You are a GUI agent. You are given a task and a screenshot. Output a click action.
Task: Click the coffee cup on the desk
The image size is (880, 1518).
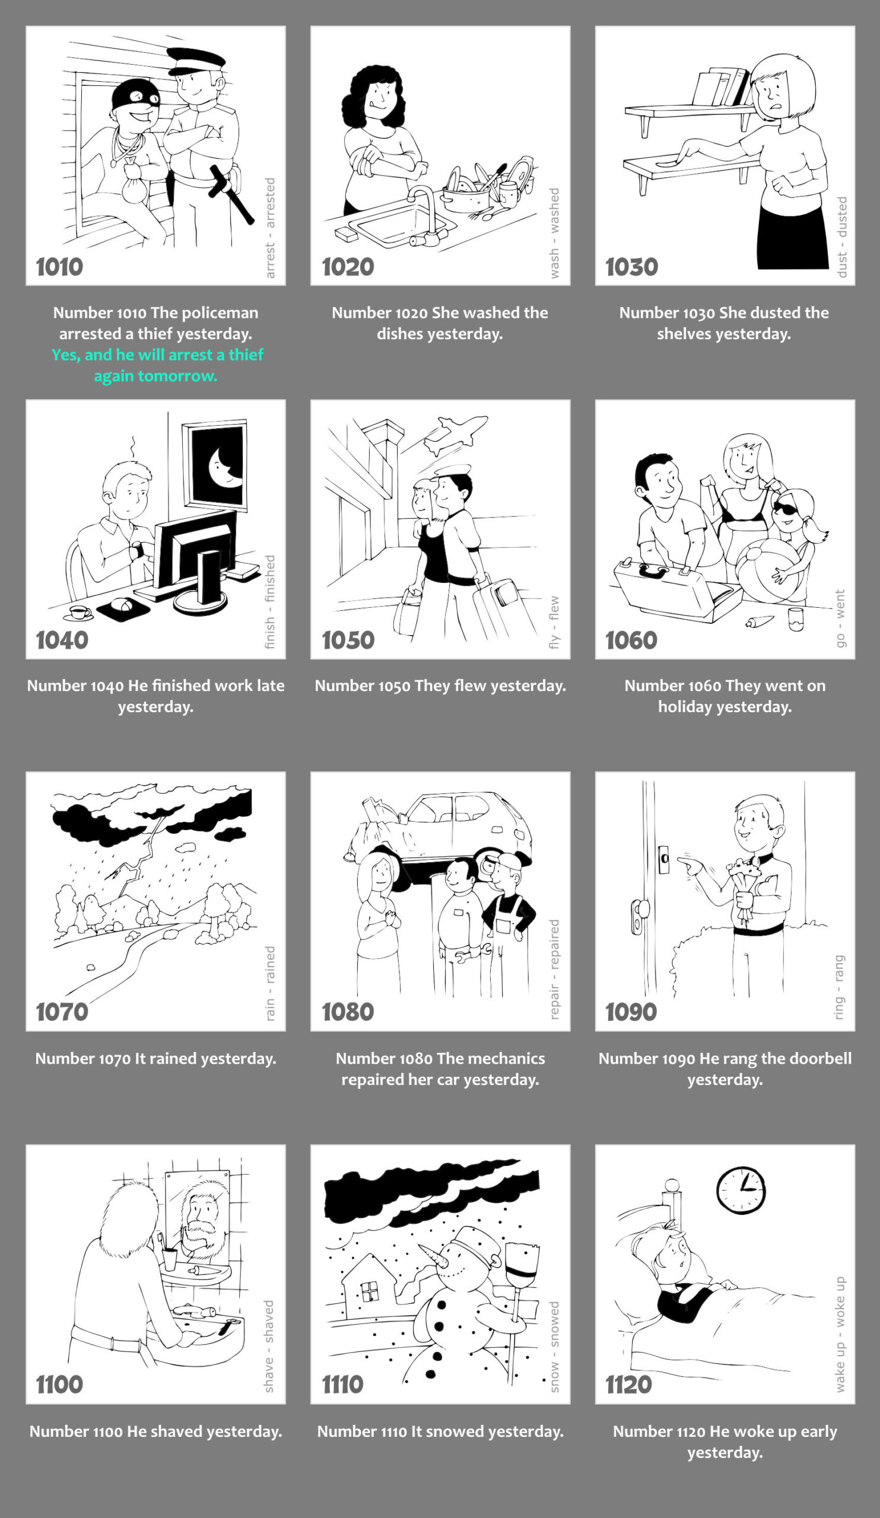(x=79, y=613)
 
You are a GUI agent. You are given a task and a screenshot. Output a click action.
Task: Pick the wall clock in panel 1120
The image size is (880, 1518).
(x=741, y=1190)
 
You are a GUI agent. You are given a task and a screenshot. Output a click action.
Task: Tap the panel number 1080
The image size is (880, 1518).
(x=348, y=1012)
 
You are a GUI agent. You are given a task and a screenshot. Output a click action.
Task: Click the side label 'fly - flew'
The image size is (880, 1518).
(x=554, y=623)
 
